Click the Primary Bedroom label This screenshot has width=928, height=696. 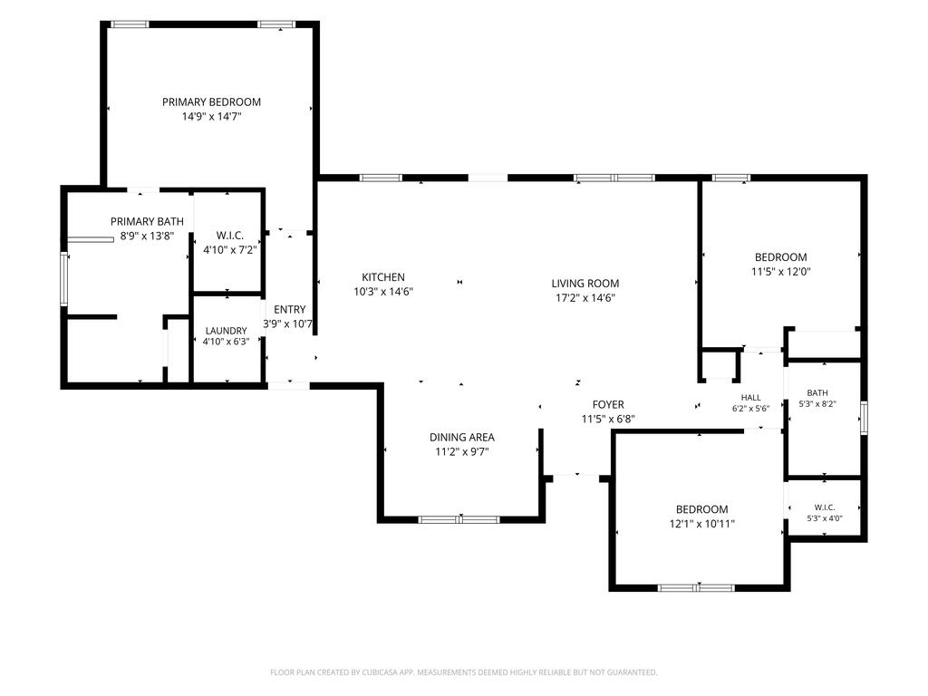(x=211, y=101)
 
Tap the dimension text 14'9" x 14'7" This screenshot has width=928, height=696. (x=211, y=117)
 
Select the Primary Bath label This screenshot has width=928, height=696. (x=147, y=221)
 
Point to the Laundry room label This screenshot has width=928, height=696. (x=226, y=331)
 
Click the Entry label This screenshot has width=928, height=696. (x=289, y=310)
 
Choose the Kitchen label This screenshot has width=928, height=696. (x=383, y=277)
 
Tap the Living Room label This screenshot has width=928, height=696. (x=585, y=284)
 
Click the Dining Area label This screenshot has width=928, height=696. (x=462, y=438)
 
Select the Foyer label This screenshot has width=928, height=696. (x=608, y=405)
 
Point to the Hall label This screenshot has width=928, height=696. (x=751, y=398)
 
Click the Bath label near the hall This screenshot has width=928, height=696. (x=817, y=393)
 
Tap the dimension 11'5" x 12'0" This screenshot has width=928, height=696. (x=780, y=272)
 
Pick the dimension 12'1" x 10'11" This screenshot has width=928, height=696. (x=702, y=524)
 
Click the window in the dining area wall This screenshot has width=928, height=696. (x=459, y=520)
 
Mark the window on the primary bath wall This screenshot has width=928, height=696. (x=64, y=279)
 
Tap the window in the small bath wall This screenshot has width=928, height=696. (x=864, y=418)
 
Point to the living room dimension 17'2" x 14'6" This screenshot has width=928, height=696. (x=585, y=298)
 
